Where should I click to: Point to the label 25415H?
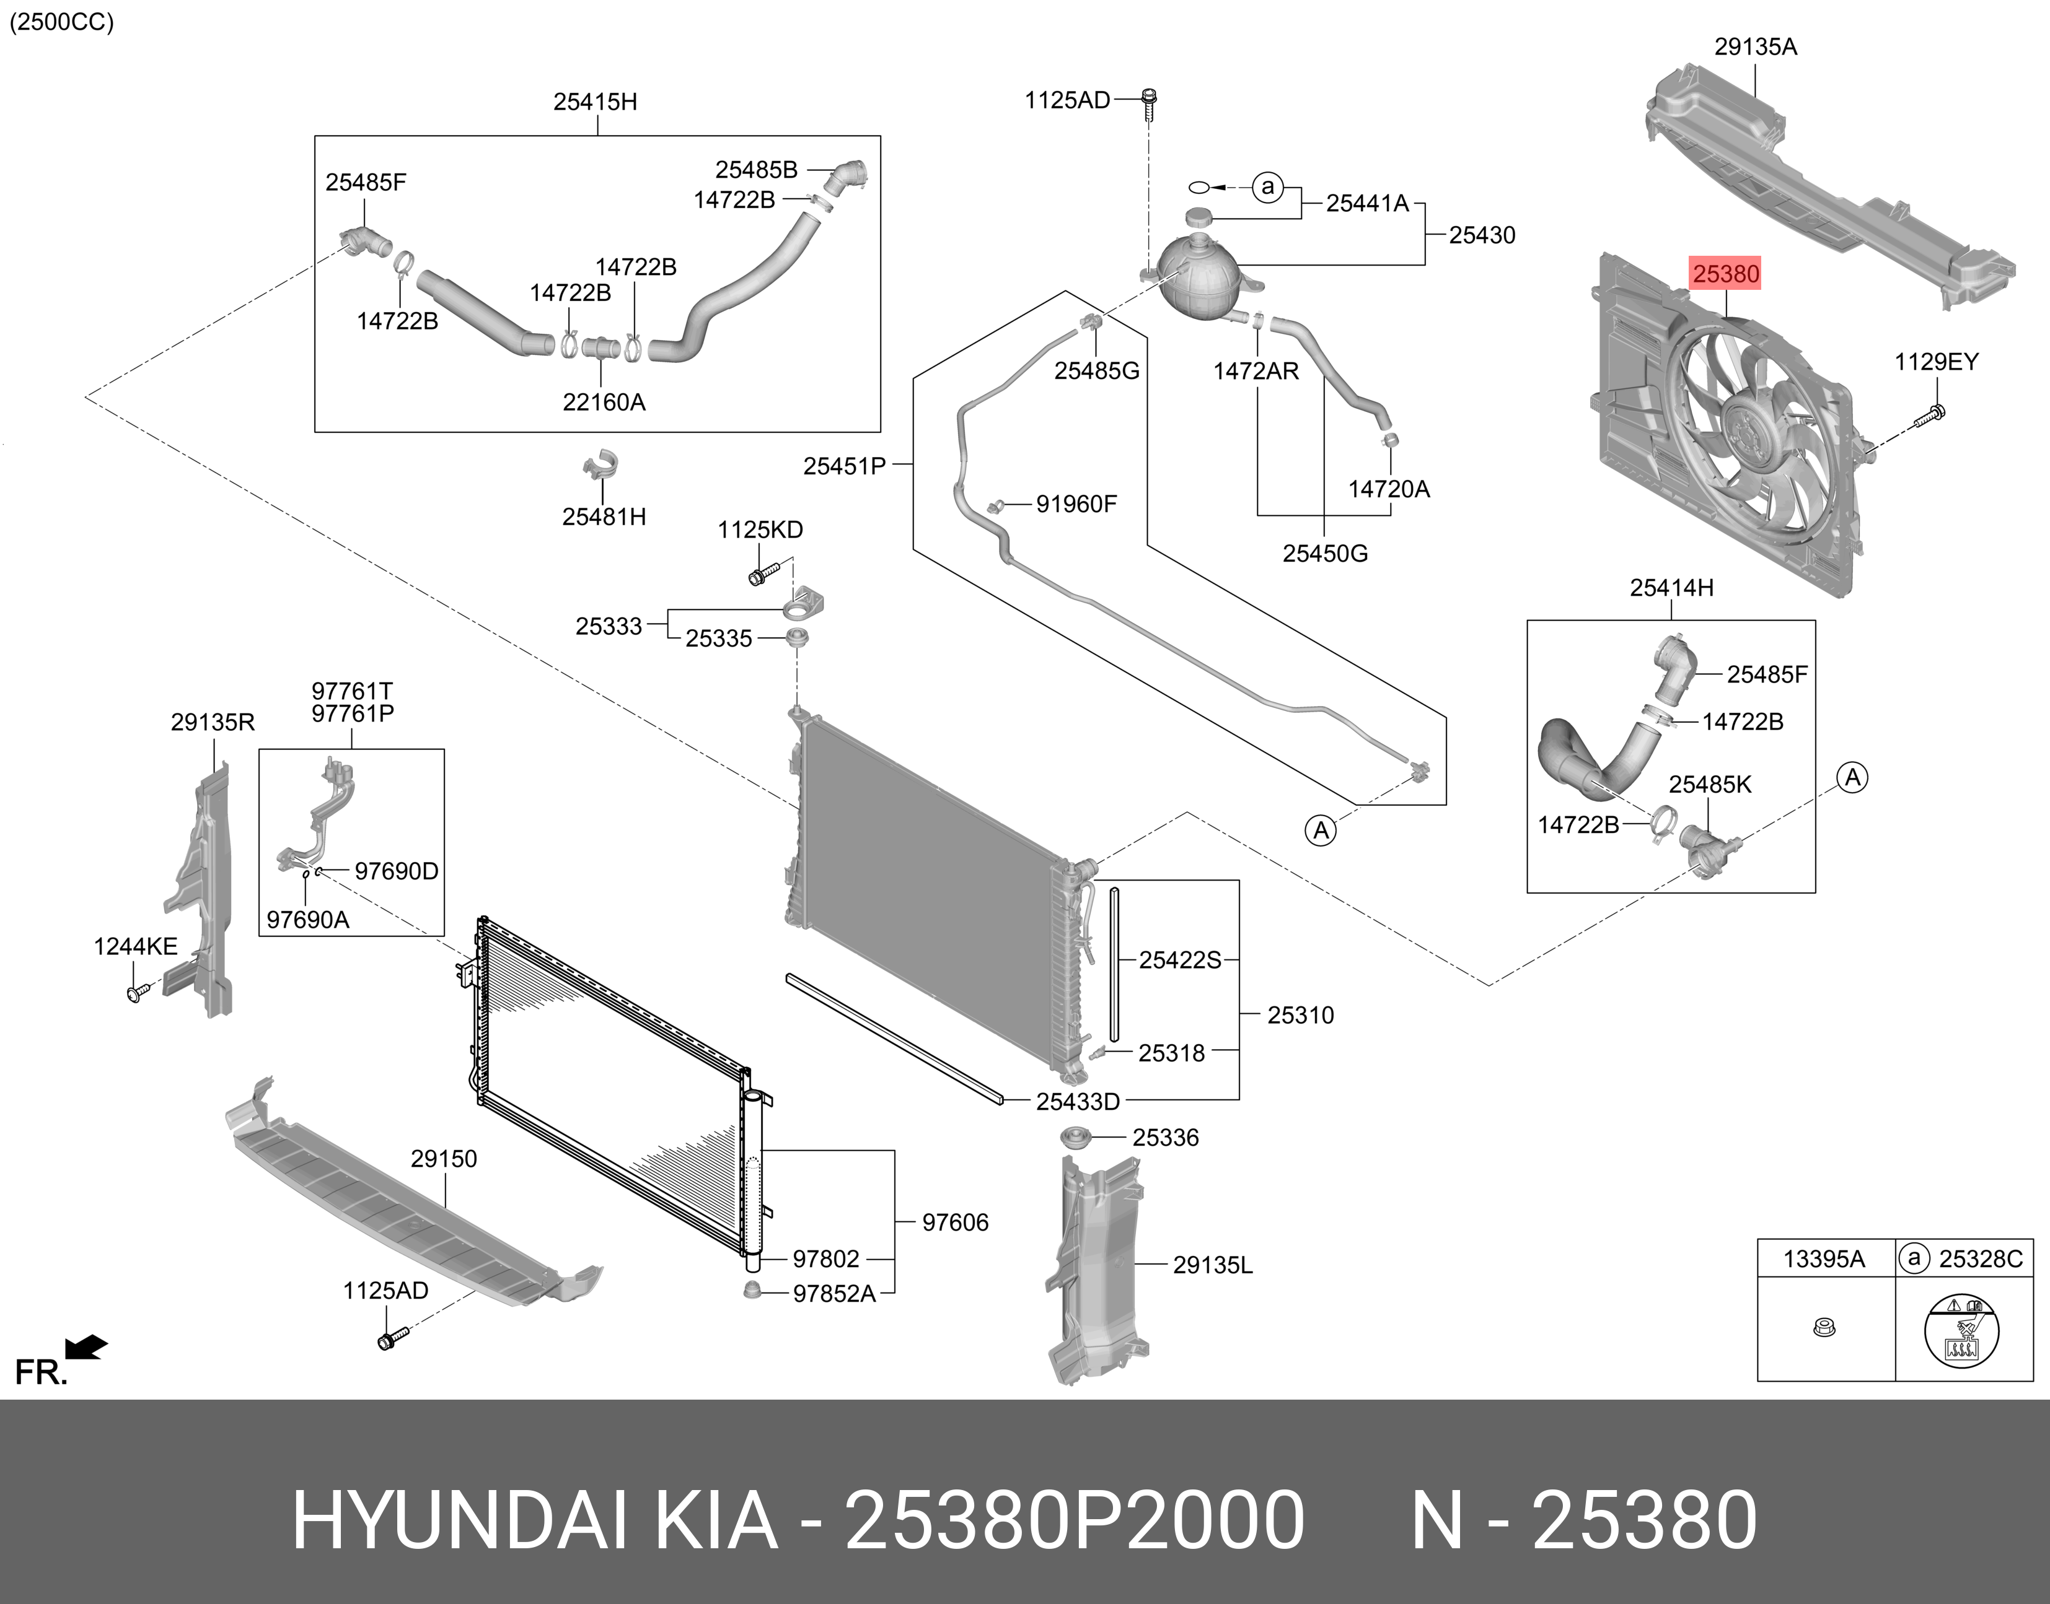(595, 102)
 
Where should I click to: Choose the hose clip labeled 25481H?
(601, 468)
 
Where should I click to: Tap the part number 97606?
(954, 1222)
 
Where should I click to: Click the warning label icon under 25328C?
(1961, 1331)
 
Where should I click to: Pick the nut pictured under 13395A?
(1824, 1328)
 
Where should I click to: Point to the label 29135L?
(1212, 1265)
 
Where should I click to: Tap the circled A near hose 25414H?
(1852, 778)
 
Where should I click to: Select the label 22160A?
(604, 402)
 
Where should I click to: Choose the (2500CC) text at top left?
(62, 22)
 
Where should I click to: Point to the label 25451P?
(845, 465)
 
